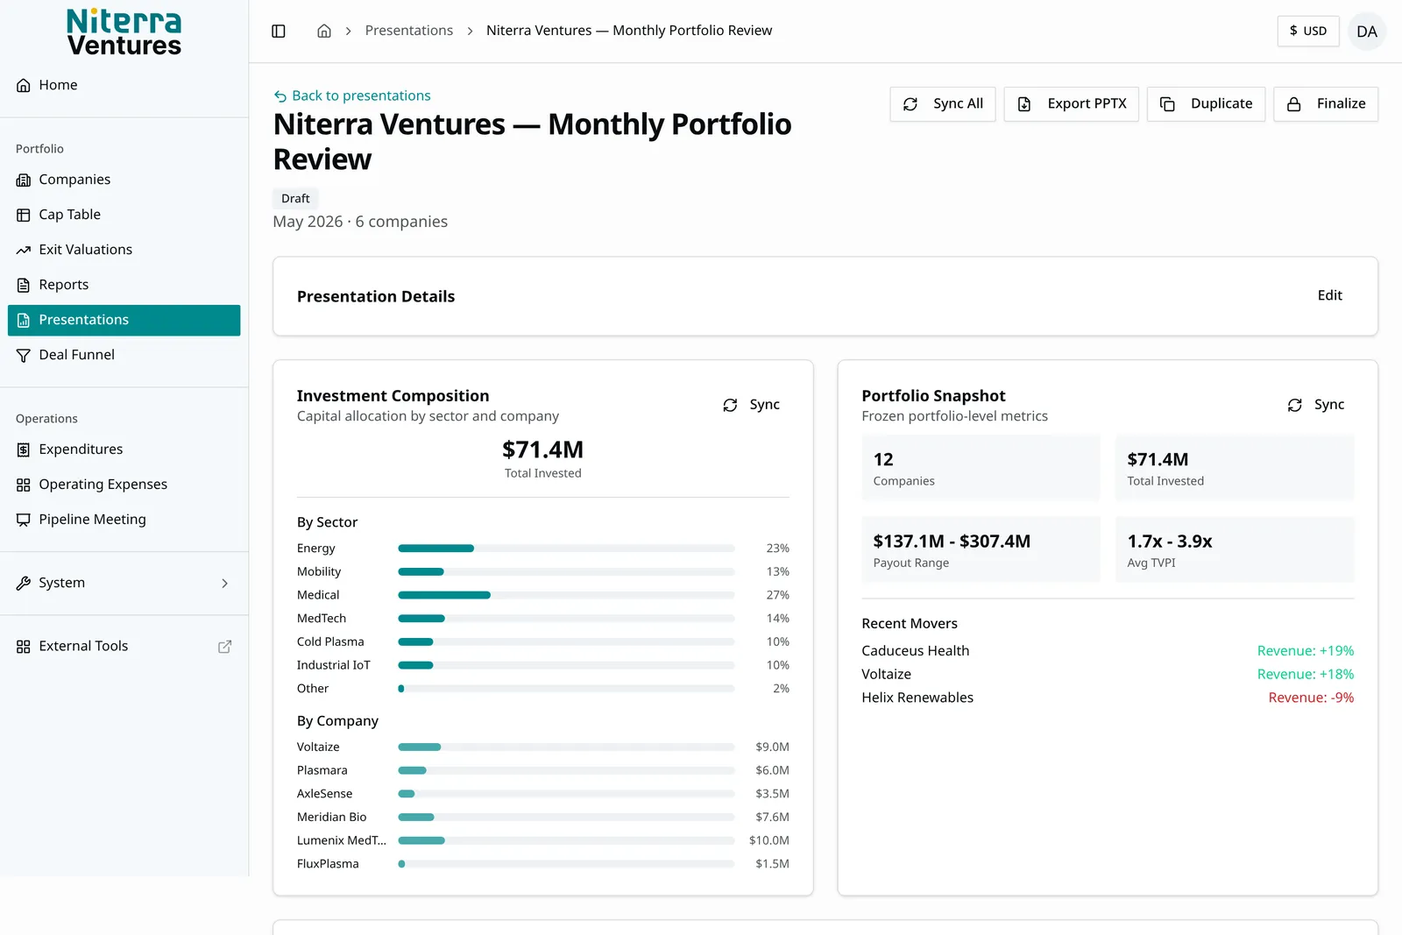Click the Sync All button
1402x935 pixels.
tap(943, 104)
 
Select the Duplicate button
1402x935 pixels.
tap(1206, 104)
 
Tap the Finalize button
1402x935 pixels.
tap(1326, 104)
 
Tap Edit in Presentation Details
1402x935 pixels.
tap(1329, 295)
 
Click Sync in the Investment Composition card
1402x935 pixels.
tap(751, 405)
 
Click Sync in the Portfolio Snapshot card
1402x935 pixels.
tap(1315, 405)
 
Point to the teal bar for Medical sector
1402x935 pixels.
tap(444, 595)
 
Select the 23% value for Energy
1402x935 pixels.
tap(777, 549)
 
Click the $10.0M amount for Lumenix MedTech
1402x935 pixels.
tap(769, 840)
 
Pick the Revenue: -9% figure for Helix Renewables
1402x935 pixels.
tap(1311, 698)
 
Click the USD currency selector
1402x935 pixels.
tap(1308, 32)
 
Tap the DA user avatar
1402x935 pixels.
tap(1367, 32)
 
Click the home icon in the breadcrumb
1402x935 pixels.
tap(323, 31)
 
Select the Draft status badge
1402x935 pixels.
tap(295, 198)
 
